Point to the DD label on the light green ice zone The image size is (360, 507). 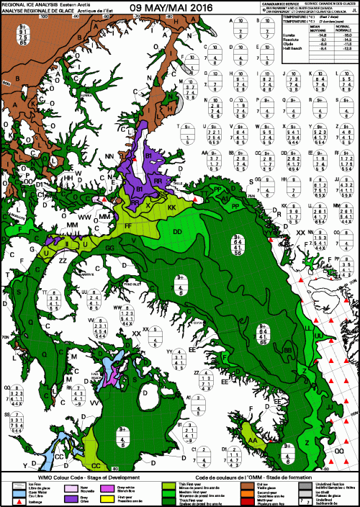click(x=178, y=232)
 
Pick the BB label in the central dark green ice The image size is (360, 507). click(x=288, y=350)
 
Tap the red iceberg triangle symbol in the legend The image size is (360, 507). click(x=7, y=502)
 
